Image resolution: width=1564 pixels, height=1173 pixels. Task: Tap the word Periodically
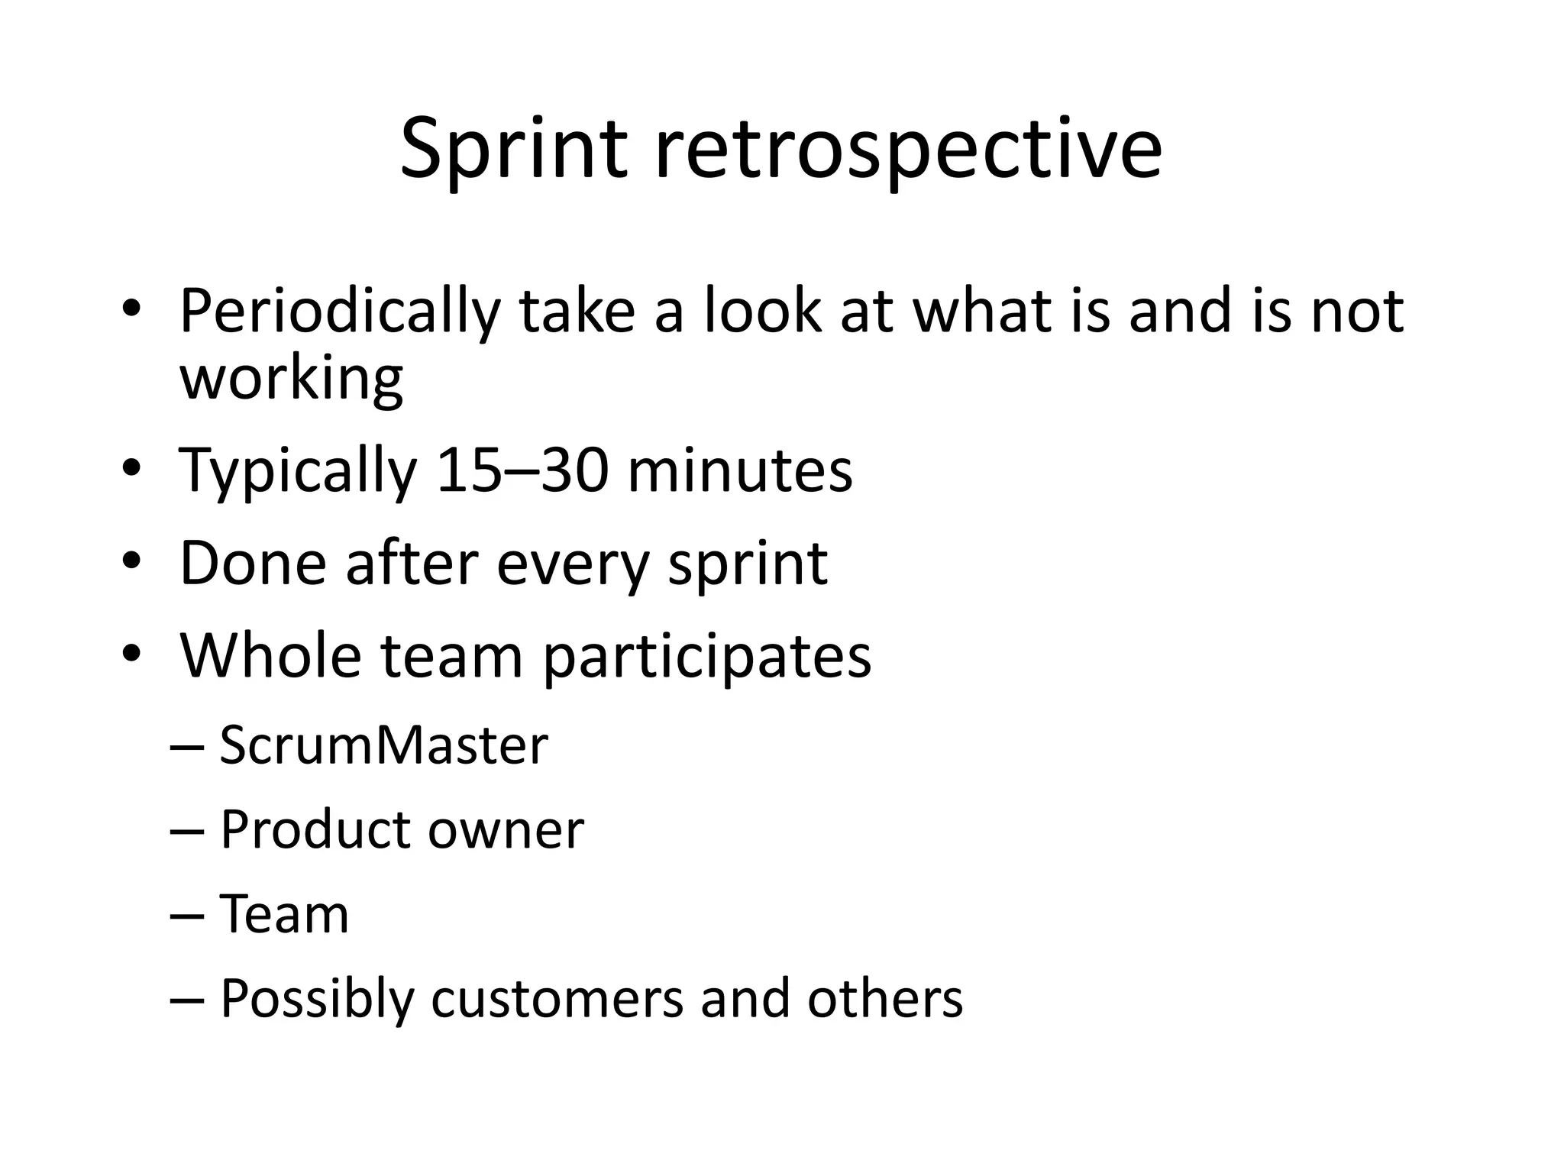[x=339, y=313]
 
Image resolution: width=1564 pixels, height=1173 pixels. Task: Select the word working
[x=291, y=379]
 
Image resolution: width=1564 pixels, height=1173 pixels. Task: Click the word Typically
[x=298, y=472]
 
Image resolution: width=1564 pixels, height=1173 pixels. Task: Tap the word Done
[x=253, y=563]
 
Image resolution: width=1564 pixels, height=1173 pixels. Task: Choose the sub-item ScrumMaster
[x=383, y=745]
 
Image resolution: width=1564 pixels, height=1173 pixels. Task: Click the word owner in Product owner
[x=506, y=829]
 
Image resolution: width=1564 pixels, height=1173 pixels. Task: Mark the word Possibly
[x=316, y=1000]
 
